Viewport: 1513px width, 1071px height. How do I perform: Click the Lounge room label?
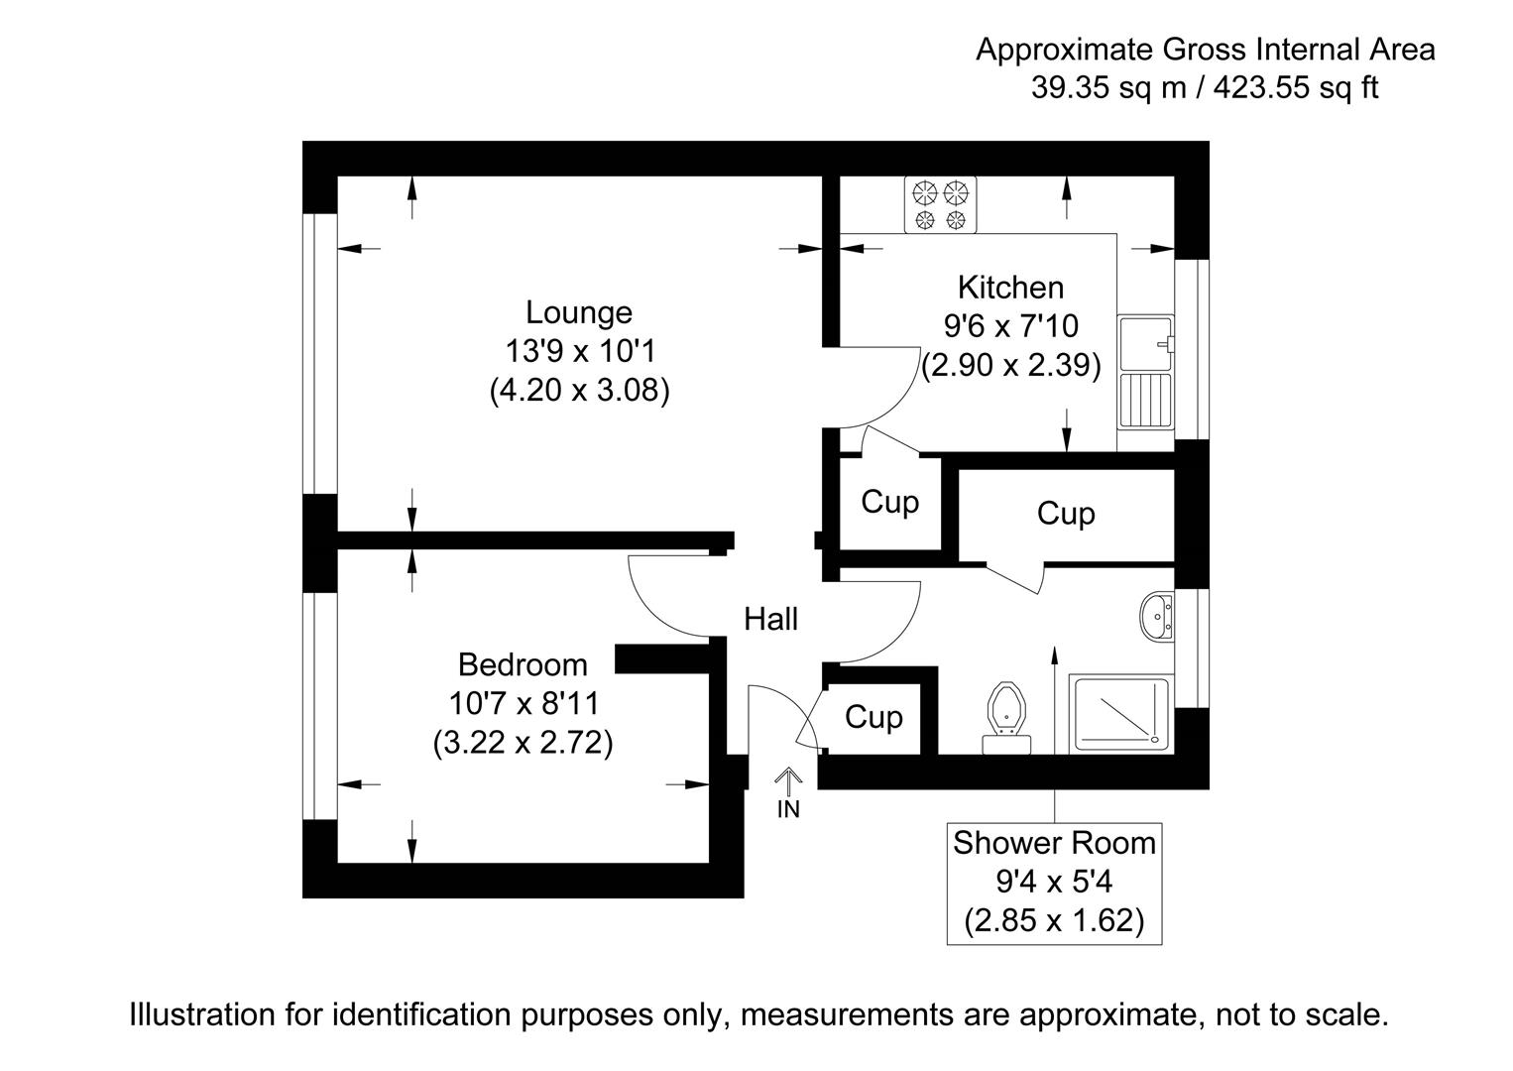click(x=578, y=312)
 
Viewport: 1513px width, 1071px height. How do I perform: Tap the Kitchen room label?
click(x=1010, y=288)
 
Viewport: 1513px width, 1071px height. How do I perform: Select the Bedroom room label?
click(x=523, y=664)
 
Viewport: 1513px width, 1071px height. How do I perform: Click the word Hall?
click(x=770, y=620)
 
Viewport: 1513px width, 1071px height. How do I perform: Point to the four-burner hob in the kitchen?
click(x=940, y=204)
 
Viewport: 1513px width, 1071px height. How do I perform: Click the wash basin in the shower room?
click(x=1155, y=617)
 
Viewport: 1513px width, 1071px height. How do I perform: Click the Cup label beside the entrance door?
click(x=873, y=717)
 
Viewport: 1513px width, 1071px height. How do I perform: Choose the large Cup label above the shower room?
click(x=1066, y=514)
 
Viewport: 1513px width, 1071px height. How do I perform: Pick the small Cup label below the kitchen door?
click(x=889, y=502)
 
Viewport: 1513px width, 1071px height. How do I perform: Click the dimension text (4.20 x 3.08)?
click(x=579, y=391)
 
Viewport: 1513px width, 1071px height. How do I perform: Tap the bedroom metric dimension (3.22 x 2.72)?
click(x=523, y=743)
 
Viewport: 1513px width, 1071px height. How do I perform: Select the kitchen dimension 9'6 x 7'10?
click(x=1010, y=326)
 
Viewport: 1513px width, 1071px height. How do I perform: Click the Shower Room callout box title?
click(x=1054, y=844)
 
